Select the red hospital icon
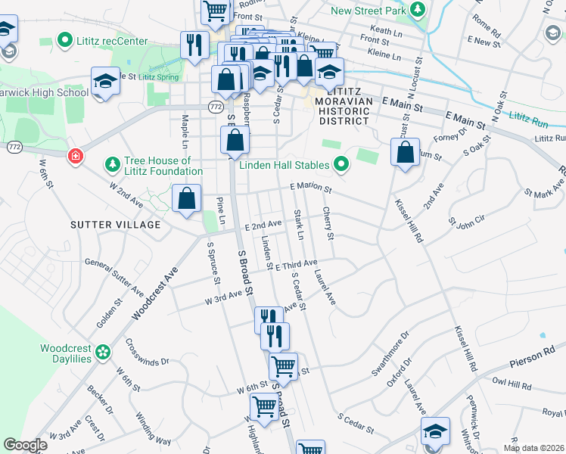pos(75,157)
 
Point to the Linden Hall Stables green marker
pos(341,163)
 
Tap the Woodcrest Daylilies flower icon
pos(103,351)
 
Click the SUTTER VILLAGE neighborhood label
pos(116,225)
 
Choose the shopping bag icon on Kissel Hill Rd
pos(406,151)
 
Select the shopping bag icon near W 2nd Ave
pos(186,199)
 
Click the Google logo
pos(25,445)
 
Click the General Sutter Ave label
pos(114,276)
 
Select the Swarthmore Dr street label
pos(390,353)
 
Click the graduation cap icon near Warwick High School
pos(105,82)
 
